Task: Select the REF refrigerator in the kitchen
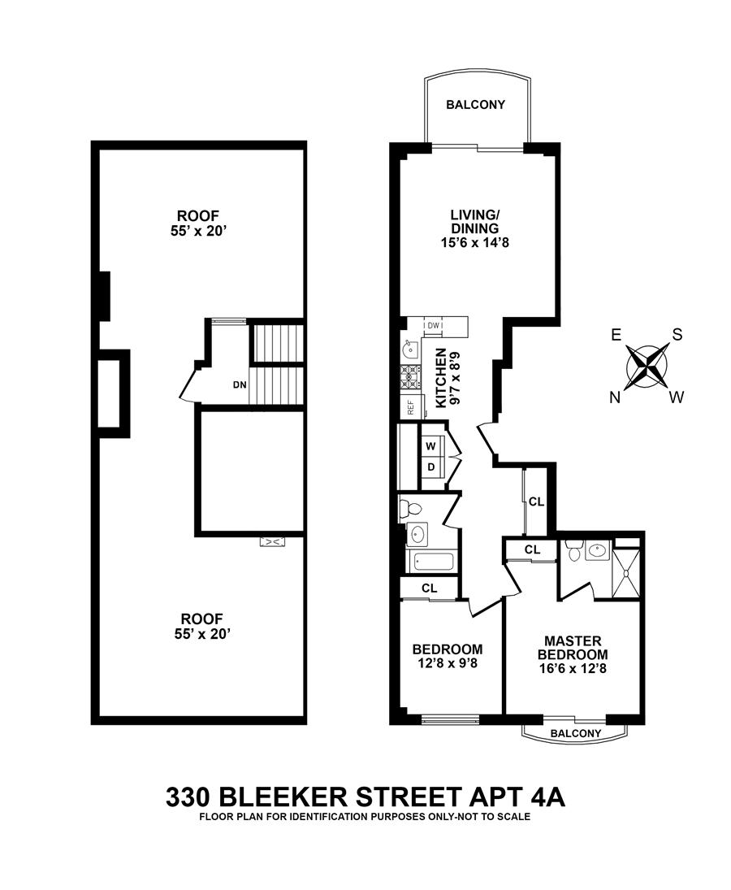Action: tap(411, 406)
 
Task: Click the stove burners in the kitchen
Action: tap(411, 375)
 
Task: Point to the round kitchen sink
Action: tap(409, 352)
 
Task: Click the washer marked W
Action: tap(431, 445)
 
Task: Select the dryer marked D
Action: tap(431, 467)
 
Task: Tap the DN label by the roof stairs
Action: tap(240, 384)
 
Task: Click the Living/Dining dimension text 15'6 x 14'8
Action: tap(474, 242)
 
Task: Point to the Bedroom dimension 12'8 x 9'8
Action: tap(447, 664)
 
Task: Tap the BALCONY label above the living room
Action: tap(476, 105)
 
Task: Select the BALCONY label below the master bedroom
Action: tap(576, 733)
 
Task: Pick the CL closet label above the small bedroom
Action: tap(430, 588)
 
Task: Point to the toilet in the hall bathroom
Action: tap(411, 510)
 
